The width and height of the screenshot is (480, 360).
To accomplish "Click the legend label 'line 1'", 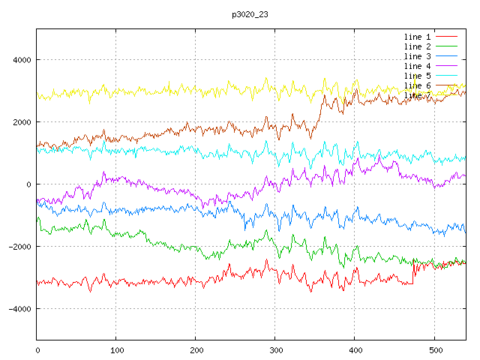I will [x=417, y=37].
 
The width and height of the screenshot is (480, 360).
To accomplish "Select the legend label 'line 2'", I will [x=417, y=46].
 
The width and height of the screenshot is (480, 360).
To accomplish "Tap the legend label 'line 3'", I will [x=417, y=56].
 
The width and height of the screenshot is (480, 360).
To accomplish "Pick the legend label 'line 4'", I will [x=417, y=66].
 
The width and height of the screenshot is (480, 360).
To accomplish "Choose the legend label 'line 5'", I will [x=417, y=76].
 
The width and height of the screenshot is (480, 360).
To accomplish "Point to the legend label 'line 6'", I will [x=417, y=85].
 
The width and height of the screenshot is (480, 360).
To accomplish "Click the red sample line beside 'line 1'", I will [x=446, y=37].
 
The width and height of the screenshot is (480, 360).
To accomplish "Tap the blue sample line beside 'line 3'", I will [x=446, y=56].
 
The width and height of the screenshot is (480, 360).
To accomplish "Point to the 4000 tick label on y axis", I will [x=20, y=60].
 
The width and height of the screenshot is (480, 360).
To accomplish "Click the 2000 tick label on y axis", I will [x=20, y=122].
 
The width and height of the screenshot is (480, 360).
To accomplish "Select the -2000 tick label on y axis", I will [x=18, y=247].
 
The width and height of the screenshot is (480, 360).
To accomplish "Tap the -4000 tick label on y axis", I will [x=18, y=309].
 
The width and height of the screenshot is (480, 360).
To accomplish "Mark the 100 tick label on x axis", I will [x=116, y=349].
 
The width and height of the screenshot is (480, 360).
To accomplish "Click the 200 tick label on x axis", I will [x=196, y=349].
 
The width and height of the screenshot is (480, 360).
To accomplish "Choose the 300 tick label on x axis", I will [x=275, y=349].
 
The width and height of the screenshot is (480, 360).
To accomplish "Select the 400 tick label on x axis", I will [x=355, y=349].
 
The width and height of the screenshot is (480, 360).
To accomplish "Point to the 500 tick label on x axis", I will [x=434, y=349].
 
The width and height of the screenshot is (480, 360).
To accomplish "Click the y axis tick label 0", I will [x=28, y=184].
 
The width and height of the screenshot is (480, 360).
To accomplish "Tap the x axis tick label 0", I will [x=37, y=349].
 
